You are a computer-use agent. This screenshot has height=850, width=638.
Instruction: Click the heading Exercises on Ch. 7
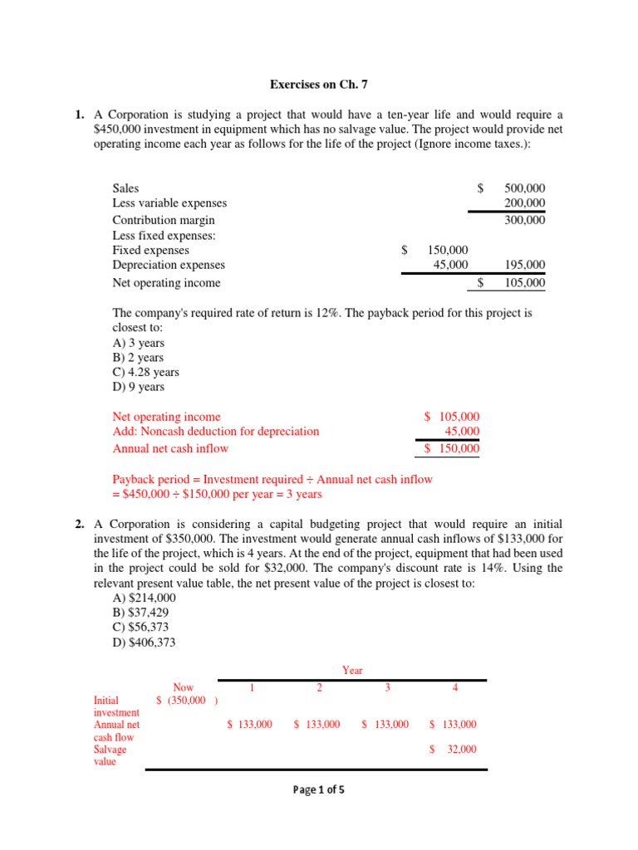(x=319, y=84)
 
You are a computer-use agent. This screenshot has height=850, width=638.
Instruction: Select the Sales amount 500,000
(x=524, y=188)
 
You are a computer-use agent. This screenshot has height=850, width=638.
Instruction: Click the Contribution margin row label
(x=164, y=220)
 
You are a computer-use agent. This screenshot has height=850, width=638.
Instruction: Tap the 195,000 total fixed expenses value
(x=524, y=265)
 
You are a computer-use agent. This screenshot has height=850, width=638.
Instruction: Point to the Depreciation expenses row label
(x=169, y=265)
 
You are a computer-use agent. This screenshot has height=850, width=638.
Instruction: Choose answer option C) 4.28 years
(x=145, y=372)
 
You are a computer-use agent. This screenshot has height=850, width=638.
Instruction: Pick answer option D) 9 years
(x=138, y=387)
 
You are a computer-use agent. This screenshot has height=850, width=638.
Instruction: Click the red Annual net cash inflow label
(x=170, y=448)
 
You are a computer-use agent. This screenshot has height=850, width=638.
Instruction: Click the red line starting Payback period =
(x=272, y=479)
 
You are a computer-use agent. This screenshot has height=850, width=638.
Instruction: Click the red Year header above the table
(x=352, y=670)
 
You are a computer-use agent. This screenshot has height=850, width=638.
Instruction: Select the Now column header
(x=183, y=687)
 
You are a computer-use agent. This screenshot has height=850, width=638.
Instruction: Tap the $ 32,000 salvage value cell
(x=453, y=749)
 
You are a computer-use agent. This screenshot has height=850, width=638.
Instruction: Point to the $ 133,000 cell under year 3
(x=385, y=725)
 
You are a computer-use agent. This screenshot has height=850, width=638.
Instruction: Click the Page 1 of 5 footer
(x=319, y=789)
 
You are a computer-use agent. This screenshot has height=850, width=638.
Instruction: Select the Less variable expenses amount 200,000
(x=524, y=203)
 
